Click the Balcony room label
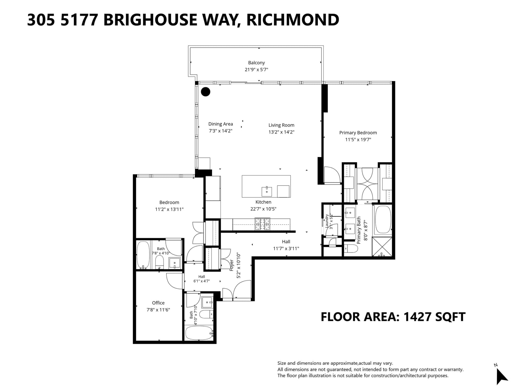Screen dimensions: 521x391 click(x=256, y=63)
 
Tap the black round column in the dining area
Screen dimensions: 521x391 click(x=205, y=92)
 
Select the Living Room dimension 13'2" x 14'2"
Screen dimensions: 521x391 click(x=281, y=132)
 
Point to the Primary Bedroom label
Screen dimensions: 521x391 click(x=358, y=133)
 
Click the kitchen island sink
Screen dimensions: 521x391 click(x=267, y=191)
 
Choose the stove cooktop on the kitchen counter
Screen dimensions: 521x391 click(x=262, y=224)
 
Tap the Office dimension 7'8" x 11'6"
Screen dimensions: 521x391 click(x=158, y=310)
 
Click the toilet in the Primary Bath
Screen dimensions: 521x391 click(x=351, y=249)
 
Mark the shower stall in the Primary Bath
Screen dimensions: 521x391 click(x=382, y=247)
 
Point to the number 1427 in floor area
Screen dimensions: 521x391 click(x=417, y=317)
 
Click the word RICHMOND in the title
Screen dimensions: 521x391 click(x=293, y=20)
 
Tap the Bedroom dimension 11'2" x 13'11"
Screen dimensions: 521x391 click(x=169, y=210)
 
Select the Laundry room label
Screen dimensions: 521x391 click(x=327, y=221)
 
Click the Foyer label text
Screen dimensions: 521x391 click(x=232, y=265)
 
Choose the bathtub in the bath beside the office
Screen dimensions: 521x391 click(x=199, y=333)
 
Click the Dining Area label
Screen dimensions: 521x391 click(x=220, y=124)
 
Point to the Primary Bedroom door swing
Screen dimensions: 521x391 click(x=332, y=175)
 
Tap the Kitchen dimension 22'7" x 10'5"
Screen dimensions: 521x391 click(x=263, y=209)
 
